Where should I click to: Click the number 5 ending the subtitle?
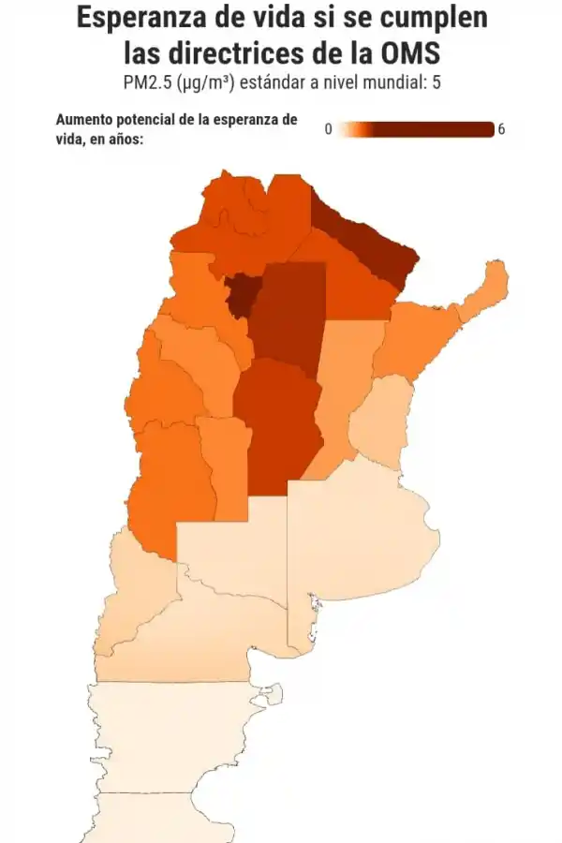(436, 82)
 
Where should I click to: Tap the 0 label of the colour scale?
(328, 129)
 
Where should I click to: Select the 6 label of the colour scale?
(501, 129)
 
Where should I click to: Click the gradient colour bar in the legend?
(416, 129)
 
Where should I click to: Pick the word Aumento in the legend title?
(84, 120)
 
